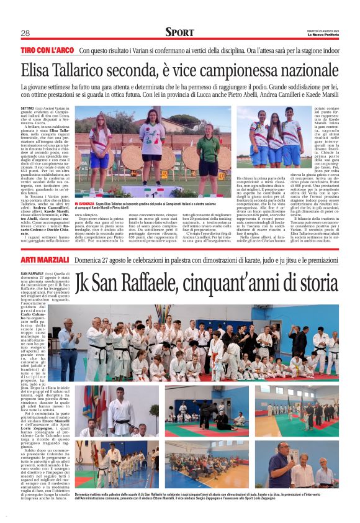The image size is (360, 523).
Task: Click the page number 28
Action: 25,34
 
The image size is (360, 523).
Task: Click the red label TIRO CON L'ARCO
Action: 47,49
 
